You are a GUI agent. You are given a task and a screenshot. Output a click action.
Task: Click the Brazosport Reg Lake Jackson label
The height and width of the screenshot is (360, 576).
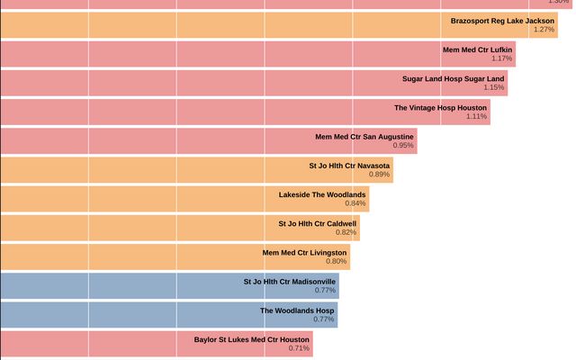(x=502, y=20)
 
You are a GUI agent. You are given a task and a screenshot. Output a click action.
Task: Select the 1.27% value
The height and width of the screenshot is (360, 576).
(x=544, y=30)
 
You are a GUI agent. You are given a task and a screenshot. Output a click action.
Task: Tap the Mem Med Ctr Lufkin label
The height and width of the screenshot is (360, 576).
(x=478, y=49)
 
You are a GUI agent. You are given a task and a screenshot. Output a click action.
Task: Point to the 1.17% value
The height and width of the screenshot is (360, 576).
(x=501, y=58)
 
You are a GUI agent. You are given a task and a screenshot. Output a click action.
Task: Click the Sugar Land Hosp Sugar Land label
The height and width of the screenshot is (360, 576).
(x=453, y=78)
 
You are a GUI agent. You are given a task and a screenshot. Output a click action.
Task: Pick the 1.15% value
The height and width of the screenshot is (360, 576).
(x=493, y=87)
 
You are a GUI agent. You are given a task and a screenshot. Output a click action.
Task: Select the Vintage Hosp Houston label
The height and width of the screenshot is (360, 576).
(x=440, y=107)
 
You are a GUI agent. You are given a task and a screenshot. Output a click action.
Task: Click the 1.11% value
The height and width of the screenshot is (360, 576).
(x=476, y=116)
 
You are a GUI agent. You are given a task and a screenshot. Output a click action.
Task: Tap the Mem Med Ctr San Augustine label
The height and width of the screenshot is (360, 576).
(x=364, y=137)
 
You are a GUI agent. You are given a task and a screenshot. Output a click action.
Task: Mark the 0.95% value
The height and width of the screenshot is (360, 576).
(x=403, y=146)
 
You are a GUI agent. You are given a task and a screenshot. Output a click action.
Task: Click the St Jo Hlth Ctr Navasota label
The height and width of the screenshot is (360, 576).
(x=349, y=166)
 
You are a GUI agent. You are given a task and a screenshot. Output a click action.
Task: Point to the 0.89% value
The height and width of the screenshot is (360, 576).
(x=379, y=175)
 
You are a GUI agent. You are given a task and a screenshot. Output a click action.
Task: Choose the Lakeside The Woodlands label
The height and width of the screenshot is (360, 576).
(x=322, y=194)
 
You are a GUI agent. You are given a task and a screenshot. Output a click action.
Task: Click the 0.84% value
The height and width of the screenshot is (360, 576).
(x=355, y=203)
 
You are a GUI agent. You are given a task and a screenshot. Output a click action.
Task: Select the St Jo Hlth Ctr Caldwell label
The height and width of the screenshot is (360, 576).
(x=318, y=223)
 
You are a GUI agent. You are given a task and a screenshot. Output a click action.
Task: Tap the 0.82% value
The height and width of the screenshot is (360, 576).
(x=346, y=232)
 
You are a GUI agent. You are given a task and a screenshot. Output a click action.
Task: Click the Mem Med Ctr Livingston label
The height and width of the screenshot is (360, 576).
(x=304, y=253)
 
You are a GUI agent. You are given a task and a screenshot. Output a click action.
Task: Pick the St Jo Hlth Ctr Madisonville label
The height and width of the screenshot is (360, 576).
(x=290, y=282)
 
